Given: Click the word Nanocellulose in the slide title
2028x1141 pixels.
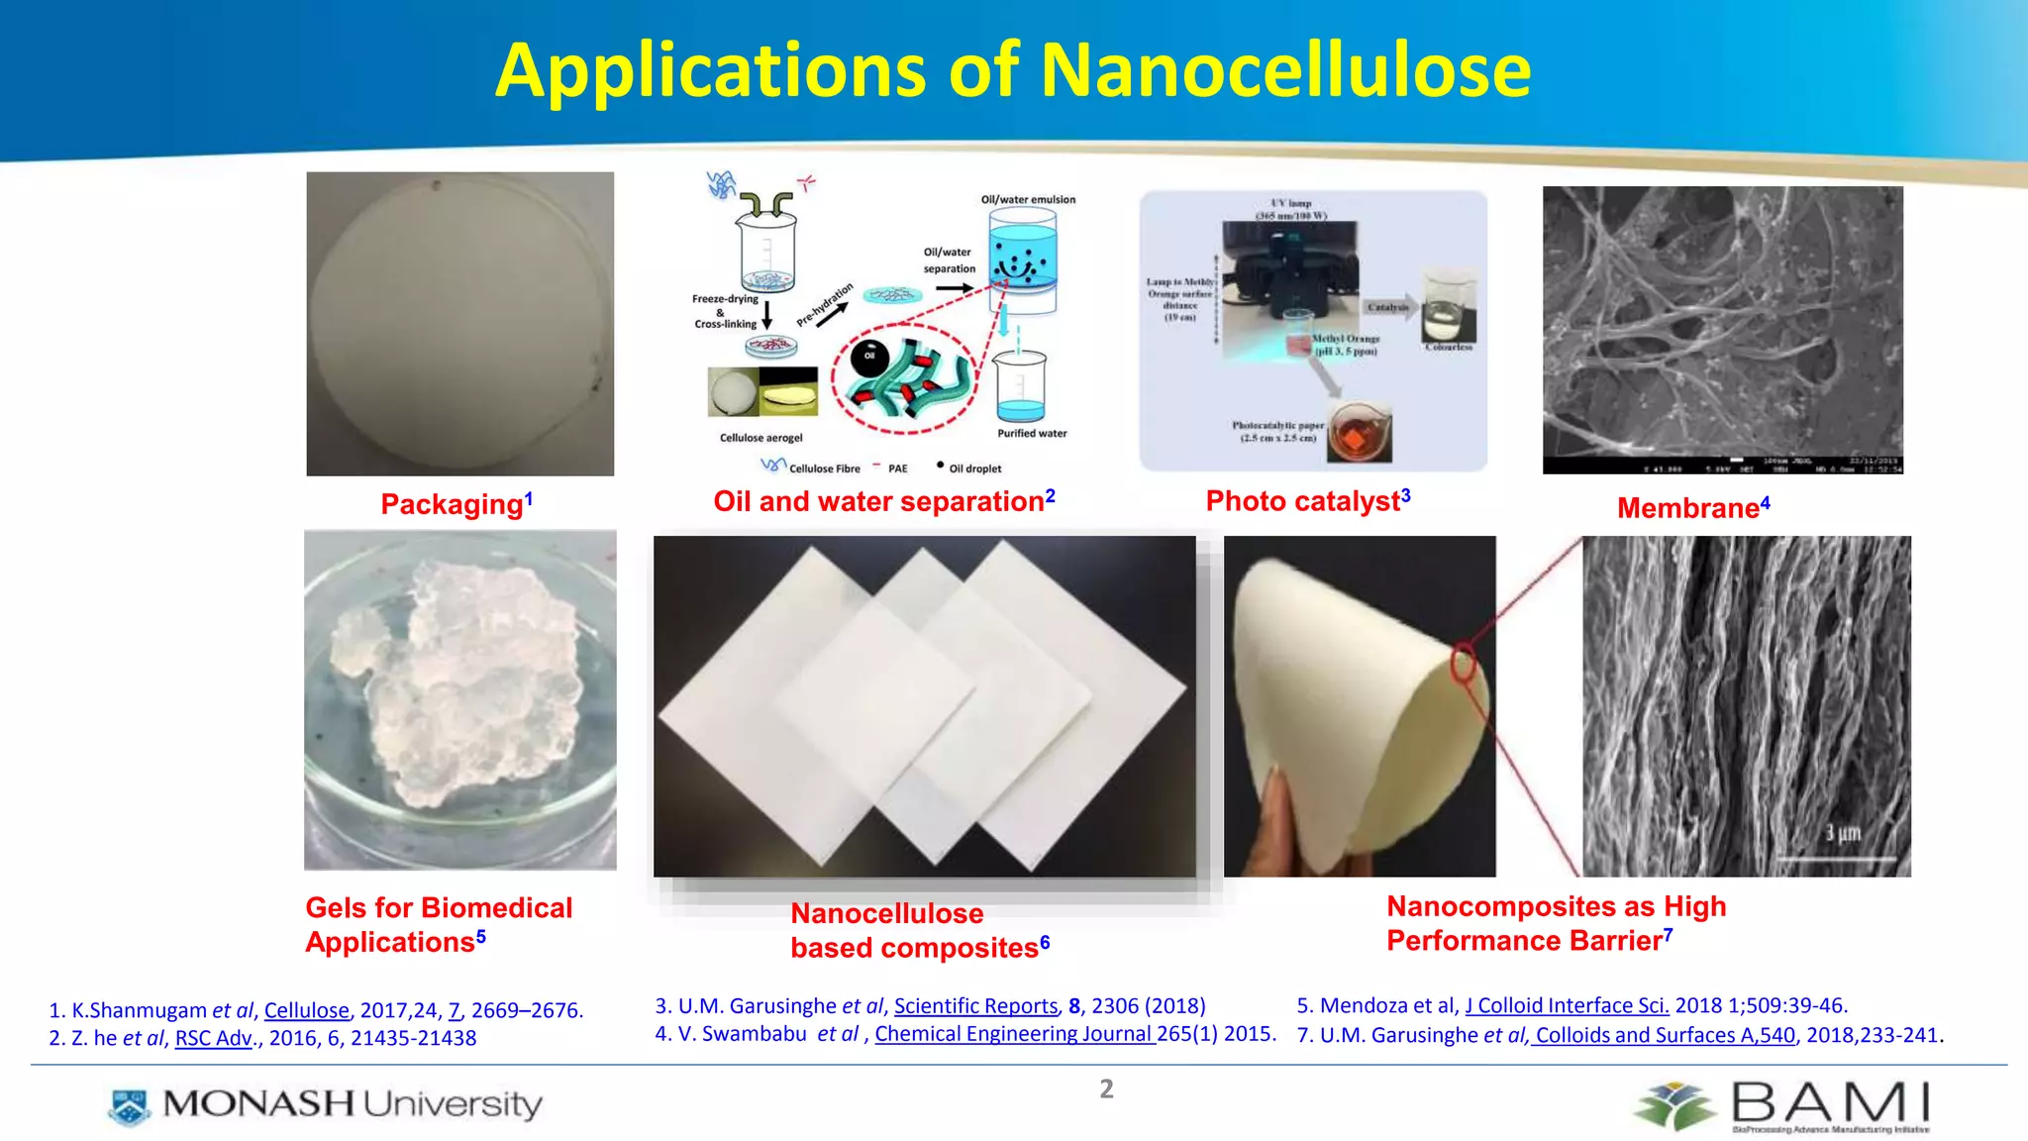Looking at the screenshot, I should [x=1285, y=71].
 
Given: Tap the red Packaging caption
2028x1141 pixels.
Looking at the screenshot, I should [x=453, y=504].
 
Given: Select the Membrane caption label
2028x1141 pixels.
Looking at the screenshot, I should [x=1688, y=508].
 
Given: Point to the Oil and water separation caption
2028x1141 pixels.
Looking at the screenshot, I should [x=878, y=501].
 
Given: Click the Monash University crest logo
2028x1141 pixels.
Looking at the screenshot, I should [x=129, y=1106].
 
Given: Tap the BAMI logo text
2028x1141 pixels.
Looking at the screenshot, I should [x=1830, y=1102].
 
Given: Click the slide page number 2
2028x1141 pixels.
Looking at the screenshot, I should [x=1106, y=1089].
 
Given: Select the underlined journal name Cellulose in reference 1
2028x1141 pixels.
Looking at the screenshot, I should [x=306, y=1010].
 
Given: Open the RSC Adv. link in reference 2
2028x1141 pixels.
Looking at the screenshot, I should [x=214, y=1038].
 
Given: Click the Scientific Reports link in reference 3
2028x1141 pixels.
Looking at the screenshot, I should [x=976, y=1006].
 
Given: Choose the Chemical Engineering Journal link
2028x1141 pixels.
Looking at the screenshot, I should [x=1014, y=1034].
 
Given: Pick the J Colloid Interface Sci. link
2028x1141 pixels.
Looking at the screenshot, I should [x=1567, y=1005].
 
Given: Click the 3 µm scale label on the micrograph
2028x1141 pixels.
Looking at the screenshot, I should [x=1843, y=834].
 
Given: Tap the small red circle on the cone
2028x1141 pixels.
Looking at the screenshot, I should [x=1464, y=664].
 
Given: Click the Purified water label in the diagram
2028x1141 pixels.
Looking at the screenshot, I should [x=1032, y=433].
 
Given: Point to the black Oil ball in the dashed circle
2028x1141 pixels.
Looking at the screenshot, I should [x=869, y=357].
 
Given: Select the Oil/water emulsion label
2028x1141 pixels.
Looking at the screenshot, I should [x=1028, y=199].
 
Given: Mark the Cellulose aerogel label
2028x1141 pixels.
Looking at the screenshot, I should [x=760, y=438].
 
